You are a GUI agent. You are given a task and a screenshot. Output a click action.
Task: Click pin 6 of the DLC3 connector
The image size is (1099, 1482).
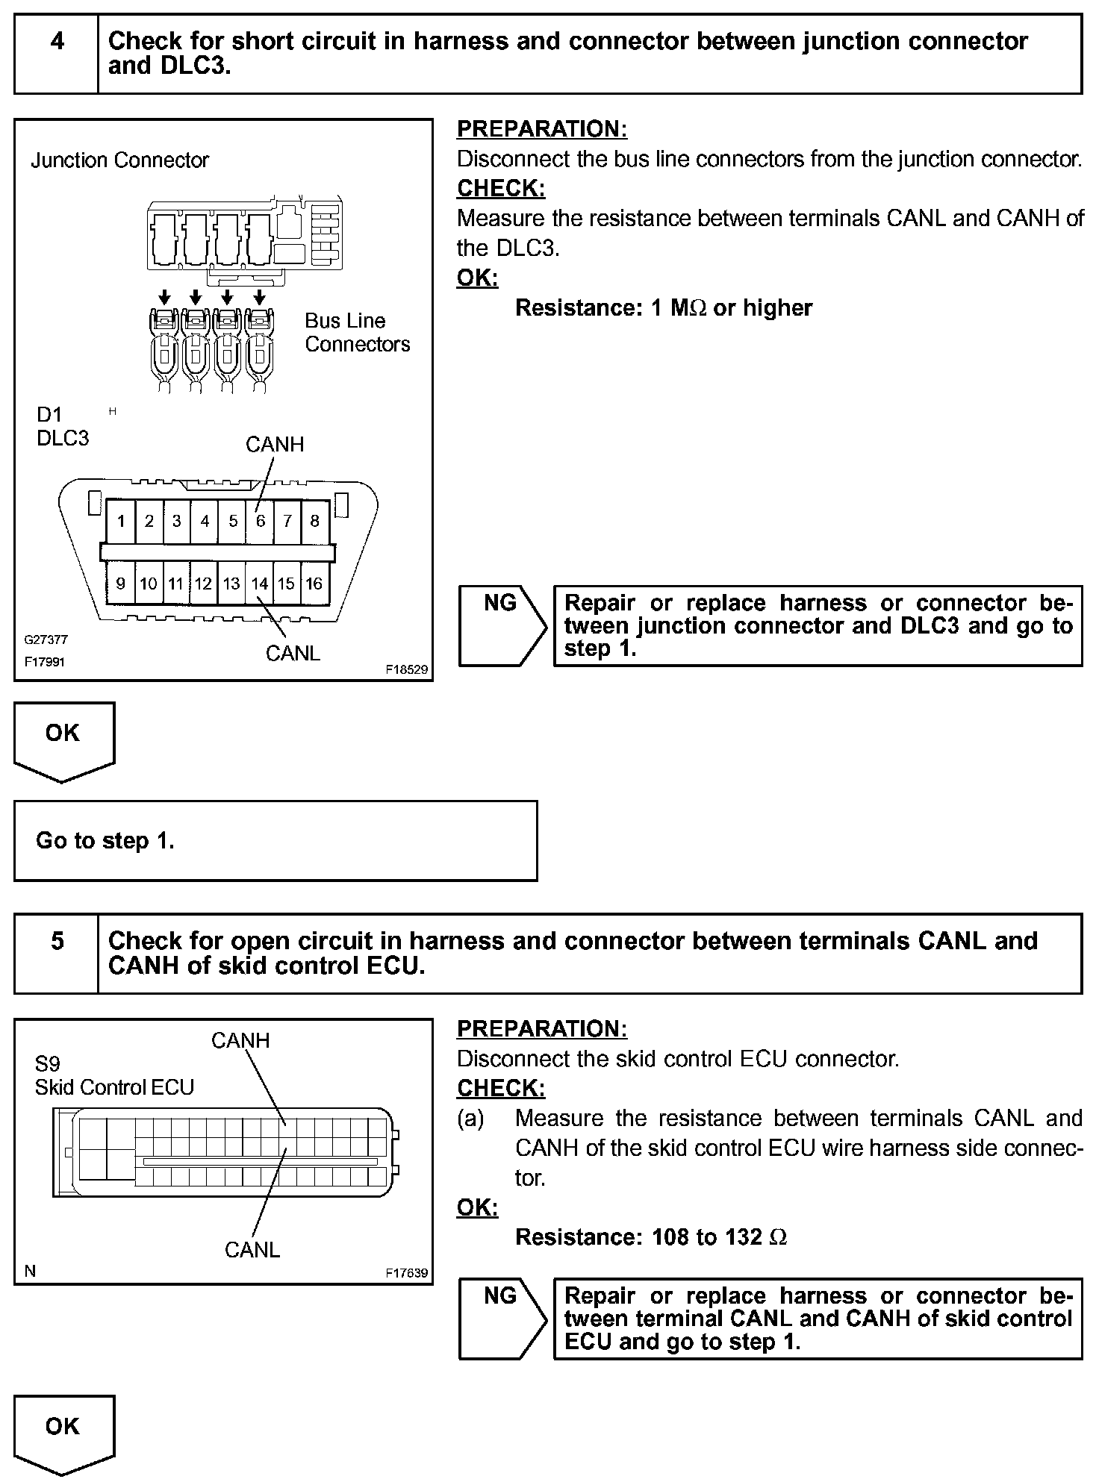pos(261,521)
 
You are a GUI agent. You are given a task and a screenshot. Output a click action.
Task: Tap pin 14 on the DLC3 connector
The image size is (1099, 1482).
pos(259,584)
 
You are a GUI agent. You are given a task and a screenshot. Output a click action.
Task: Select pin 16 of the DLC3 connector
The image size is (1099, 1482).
pos(314,584)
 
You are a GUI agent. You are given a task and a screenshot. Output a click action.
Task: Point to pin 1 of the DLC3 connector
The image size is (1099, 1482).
pos(121,521)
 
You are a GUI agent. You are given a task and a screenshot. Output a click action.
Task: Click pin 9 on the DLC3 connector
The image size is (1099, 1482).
pos(121,584)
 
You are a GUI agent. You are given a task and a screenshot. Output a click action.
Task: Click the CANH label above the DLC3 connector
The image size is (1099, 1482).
pos(275,445)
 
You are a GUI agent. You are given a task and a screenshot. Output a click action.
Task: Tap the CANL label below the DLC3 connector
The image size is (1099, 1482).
pos(293,654)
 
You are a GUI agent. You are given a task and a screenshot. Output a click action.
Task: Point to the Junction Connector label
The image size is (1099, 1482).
pos(119,160)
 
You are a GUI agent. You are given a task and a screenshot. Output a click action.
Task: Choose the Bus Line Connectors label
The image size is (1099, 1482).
pos(357,333)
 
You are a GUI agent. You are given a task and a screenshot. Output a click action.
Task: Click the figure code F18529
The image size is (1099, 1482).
pos(407,670)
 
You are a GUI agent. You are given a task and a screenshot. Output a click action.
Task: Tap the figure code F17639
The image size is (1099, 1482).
pos(407,1273)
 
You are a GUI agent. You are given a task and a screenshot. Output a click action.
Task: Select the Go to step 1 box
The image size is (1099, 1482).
pos(275,841)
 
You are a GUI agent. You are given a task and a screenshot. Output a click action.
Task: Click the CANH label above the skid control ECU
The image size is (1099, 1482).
pos(240,1040)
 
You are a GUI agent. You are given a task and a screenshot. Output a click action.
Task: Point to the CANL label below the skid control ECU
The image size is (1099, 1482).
pos(252,1250)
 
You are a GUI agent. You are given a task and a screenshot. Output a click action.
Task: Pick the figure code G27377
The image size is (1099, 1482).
pos(46,640)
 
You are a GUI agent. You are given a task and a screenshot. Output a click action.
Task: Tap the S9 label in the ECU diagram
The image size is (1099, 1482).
pos(47,1063)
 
